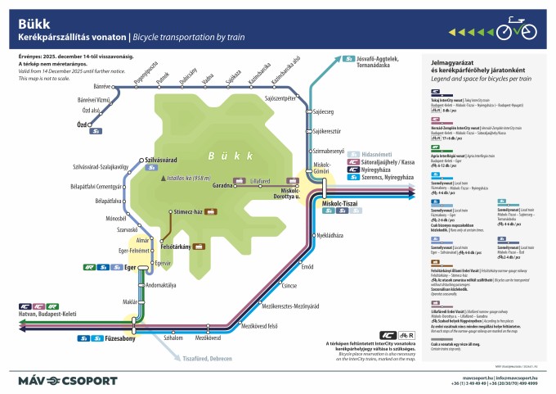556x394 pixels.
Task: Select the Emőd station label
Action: (x=307, y=266)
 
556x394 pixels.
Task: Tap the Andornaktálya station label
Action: (x=162, y=284)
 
